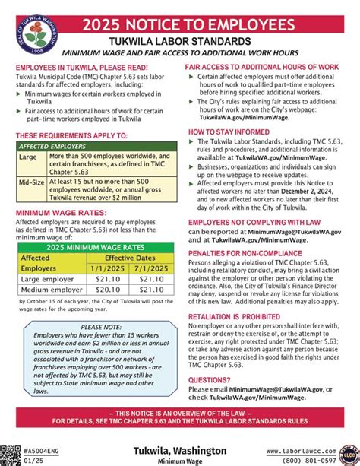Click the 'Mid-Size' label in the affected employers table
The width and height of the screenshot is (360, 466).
click(31, 183)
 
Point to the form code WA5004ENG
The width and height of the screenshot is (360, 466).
click(20, 451)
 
